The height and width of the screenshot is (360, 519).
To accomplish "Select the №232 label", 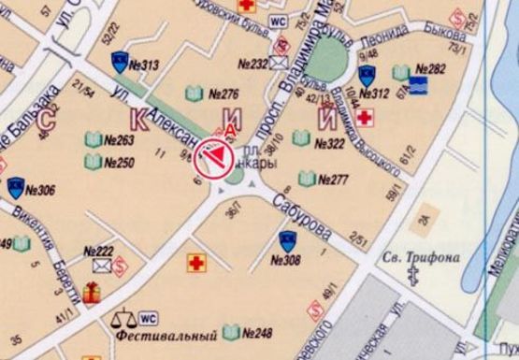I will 253,65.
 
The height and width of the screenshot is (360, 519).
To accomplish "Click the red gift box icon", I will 92,293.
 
